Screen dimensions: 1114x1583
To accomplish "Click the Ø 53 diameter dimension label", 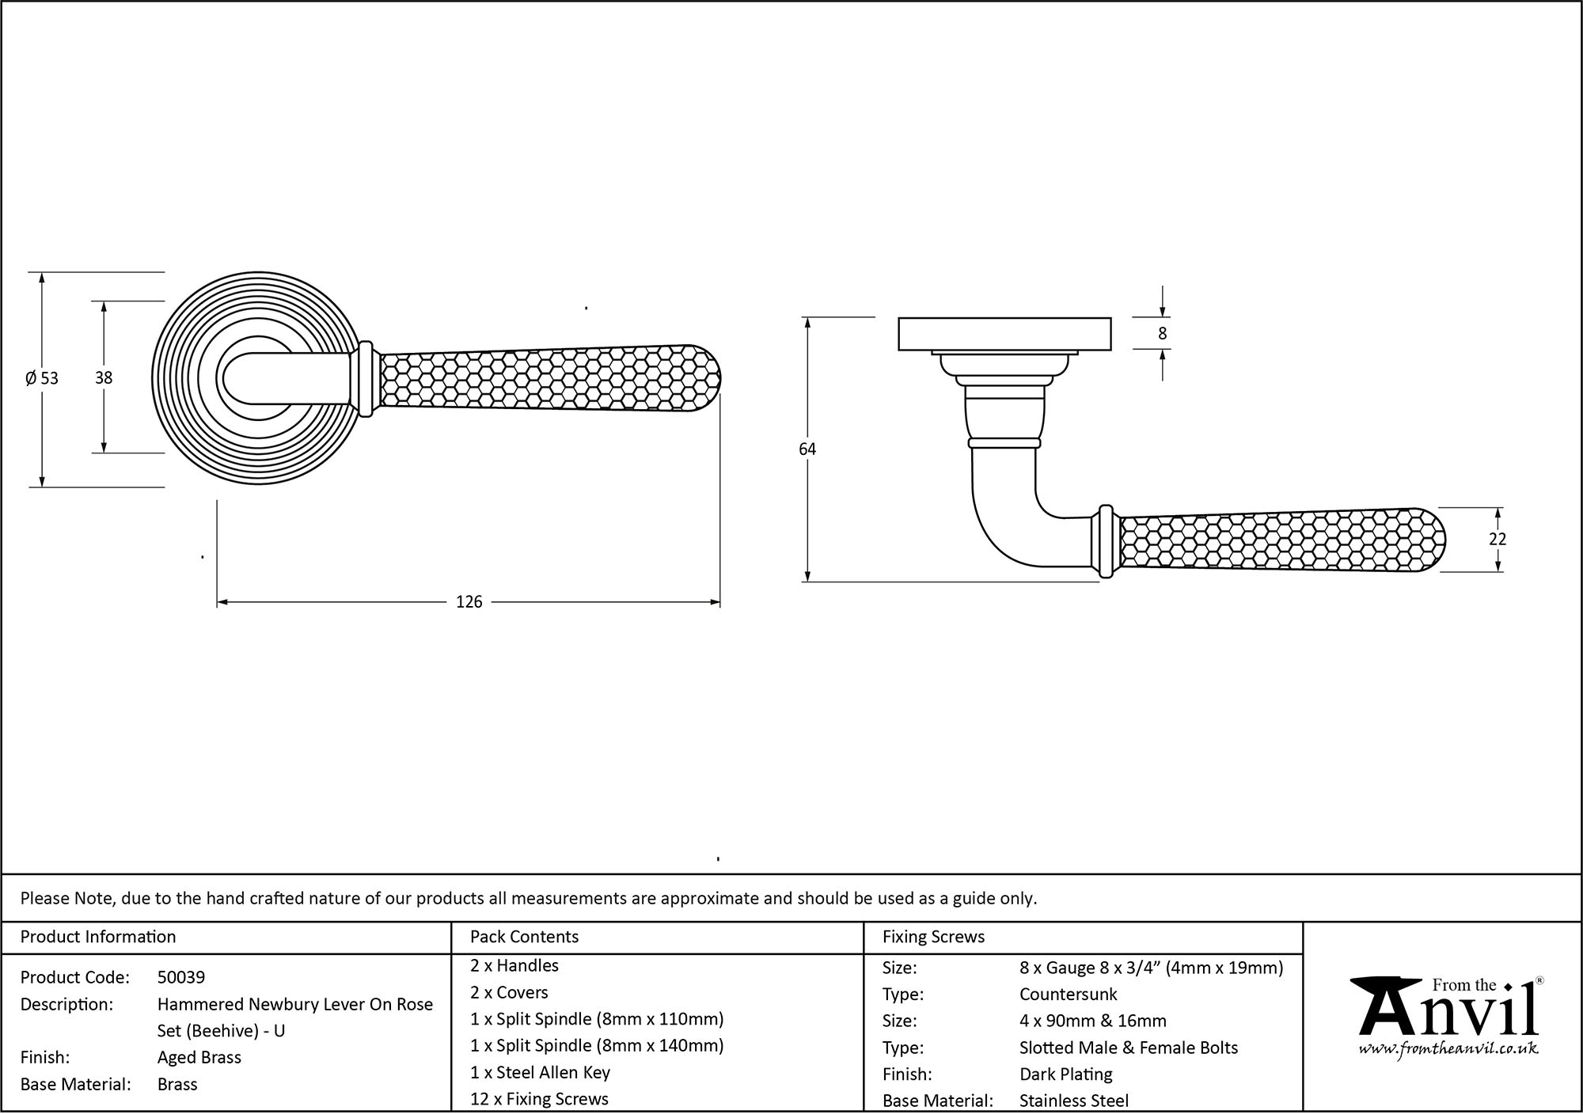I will click(x=42, y=378).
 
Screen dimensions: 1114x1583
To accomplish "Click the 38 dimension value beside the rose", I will click(x=104, y=378).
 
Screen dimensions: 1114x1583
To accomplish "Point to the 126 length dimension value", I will click(x=469, y=602).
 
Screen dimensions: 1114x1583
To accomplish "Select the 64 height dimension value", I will click(x=807, y=449).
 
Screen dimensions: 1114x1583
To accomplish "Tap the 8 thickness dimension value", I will click(x=1162, y=334).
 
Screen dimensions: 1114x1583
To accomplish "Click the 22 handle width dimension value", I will click(x=1497, y=539).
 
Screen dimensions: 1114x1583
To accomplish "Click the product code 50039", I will click(x=181, y=977).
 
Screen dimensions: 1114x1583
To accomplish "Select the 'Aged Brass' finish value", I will click(x=199, y=1057).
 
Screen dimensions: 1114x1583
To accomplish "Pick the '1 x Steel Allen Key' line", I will click(x=540, y=1072).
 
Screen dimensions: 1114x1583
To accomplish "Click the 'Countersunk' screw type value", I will click(x=1068, y=994).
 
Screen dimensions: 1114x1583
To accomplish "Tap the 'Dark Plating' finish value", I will click(x=1065, y=1074).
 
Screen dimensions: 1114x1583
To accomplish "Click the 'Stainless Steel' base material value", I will click(x=1073, y=1100).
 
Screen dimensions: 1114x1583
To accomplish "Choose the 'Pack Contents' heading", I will click(x=524, y=937).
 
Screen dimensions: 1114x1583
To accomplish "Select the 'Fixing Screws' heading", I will click(x=933, y=937).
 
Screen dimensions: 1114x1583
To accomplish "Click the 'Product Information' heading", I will click(x=98, y=937).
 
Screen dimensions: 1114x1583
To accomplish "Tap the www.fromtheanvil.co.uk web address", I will click(x=1448, y=1049).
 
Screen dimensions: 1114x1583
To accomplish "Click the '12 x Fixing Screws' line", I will click(x=539, y=1099).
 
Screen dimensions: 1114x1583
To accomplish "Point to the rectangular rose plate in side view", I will click(x=1004, y=334).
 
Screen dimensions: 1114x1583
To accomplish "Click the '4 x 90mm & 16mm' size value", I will click(x=1092, y=1021).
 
